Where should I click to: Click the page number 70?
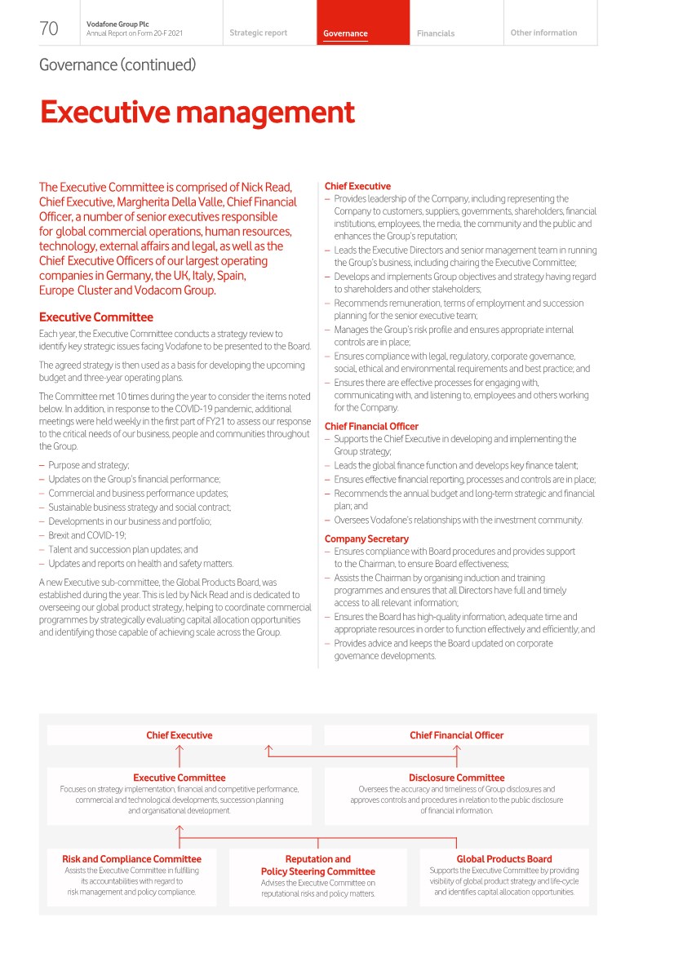[x=49, y=29]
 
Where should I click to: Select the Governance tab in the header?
[x=345, y=33]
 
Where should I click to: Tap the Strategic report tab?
[x=258, y=33]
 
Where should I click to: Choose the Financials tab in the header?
[x=436, y=33]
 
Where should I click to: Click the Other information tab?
[x=543, y=33]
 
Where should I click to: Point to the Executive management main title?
[x=197, y=113]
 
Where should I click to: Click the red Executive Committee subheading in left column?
[x=96, y=317]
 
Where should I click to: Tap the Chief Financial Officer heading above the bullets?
[x=371, y=426]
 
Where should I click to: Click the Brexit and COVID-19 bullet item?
[x=87, y=534]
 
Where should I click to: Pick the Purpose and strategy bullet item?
[x=89, y=464]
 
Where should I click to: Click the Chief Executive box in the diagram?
[x=180, y=735]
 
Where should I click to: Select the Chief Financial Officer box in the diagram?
[x=456, y=735]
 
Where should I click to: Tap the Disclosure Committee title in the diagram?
[x=456, y=778]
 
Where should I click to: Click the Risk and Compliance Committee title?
[x=131, y=858]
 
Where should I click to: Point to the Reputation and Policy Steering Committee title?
[x=318, y=865]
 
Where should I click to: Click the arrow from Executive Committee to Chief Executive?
[x=180, y=756]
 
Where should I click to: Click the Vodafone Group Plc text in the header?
[x=112, y=24]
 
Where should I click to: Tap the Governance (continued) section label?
[x=118, y=64]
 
